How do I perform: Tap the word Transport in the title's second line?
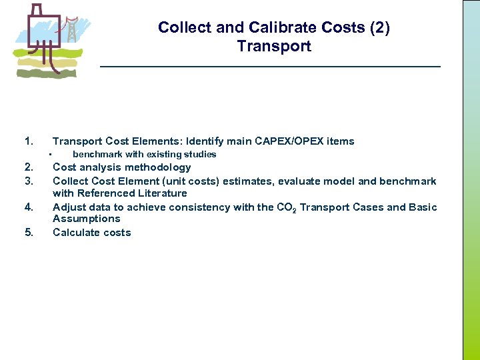pos(274,47)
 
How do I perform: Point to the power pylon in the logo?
pos(69,31)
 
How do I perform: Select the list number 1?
pos(28,141)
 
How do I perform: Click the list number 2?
pos(28,167)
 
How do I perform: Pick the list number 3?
pos(28,181)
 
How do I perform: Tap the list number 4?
pos(28,207)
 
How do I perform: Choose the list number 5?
pos(28,233)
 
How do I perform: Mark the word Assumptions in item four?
pos(87,219)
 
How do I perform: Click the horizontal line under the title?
pos(270,67)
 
